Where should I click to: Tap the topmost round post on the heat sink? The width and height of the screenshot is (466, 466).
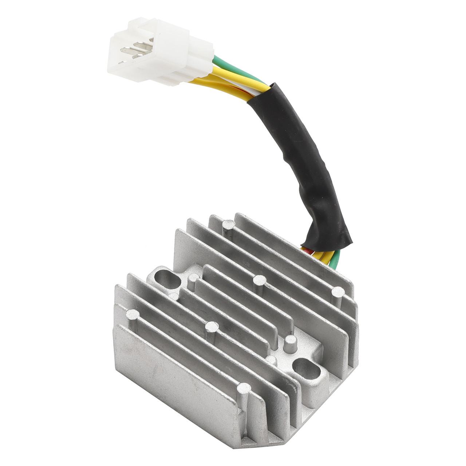pos(229,225)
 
